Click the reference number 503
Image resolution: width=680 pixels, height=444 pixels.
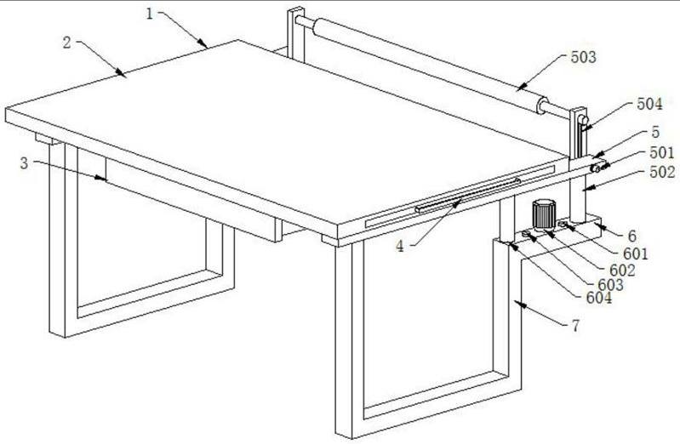583,57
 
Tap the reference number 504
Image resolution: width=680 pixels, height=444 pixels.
649,104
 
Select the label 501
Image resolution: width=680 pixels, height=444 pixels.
662,152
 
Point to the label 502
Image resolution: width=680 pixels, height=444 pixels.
662,172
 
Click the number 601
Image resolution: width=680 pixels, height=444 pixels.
636,253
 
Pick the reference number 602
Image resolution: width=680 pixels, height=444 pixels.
622,270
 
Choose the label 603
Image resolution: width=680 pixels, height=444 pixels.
610,285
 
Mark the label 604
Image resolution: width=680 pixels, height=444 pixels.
599,298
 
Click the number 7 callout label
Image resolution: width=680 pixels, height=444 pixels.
576,326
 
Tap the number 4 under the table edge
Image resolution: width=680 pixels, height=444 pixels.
400,247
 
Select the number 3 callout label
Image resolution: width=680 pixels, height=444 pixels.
25,163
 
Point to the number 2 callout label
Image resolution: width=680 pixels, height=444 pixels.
66,43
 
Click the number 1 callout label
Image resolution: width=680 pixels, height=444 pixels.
150,14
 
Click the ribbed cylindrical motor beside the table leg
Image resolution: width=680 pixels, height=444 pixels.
543,214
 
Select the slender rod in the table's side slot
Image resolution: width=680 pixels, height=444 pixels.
467,195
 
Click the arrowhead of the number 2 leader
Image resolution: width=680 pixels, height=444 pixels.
122,74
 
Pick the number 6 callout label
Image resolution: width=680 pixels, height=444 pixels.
632,236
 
